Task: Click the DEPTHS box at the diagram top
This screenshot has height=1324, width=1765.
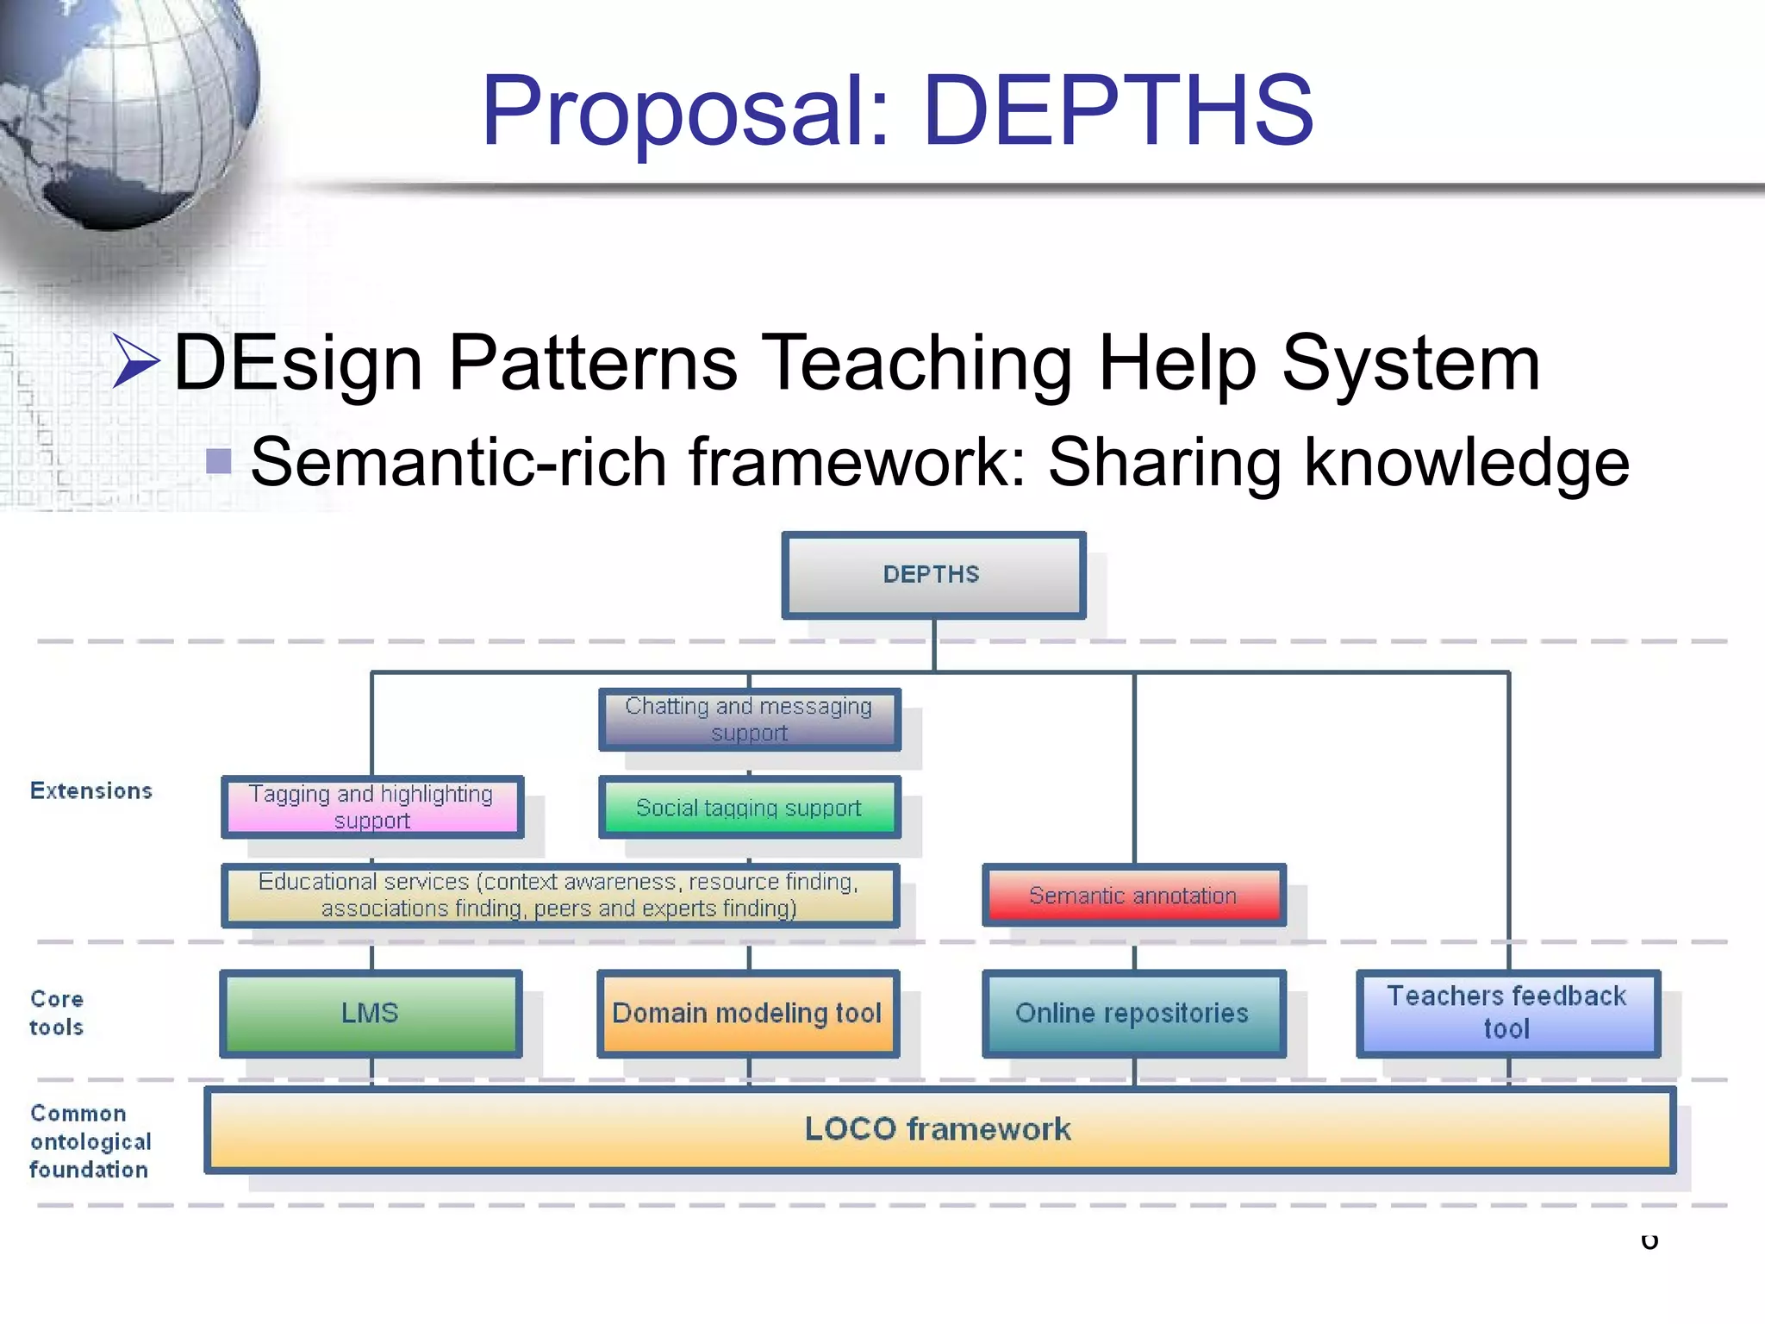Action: pyautogui.click(x=932, y=574)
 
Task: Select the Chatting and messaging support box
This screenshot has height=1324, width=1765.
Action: pyautogui.click(x=749, y=719)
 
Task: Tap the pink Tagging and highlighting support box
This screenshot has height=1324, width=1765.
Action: pyautogui.click(x=371, y=807)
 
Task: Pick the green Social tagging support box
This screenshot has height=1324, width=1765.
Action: pyautogui.click(x=749, y=808)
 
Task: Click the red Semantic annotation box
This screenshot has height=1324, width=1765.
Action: pyautogui.click(x=1133, y=896)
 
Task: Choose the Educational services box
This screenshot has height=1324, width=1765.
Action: pyautogui.click(x=559, y=895)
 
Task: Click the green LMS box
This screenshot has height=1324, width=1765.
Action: pyautogui.click(x=371, y=1013)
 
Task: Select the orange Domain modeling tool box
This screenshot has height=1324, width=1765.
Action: pyautogui.click(x=747, y=1013)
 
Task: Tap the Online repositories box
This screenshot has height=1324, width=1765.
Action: pyautogui.click(x=1133, y=1013)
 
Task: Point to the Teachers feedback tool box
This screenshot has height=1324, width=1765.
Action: pyautogui.click(x=1507, y=1013)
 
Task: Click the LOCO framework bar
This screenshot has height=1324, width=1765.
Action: pyautogui.click(x=939, y=1129)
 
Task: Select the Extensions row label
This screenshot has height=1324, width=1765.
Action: pyautogui.click(x=91, y=790)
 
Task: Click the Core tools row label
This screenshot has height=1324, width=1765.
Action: pyautogui.click(x=57, y=1013)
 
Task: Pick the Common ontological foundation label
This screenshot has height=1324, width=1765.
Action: pyautogui.click(x=90, y=1141)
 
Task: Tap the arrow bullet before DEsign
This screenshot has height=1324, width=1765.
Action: pyautogui.click(x=136, y=361)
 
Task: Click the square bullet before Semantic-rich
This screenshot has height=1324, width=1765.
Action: pyautogui.click(x=219, y=461)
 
